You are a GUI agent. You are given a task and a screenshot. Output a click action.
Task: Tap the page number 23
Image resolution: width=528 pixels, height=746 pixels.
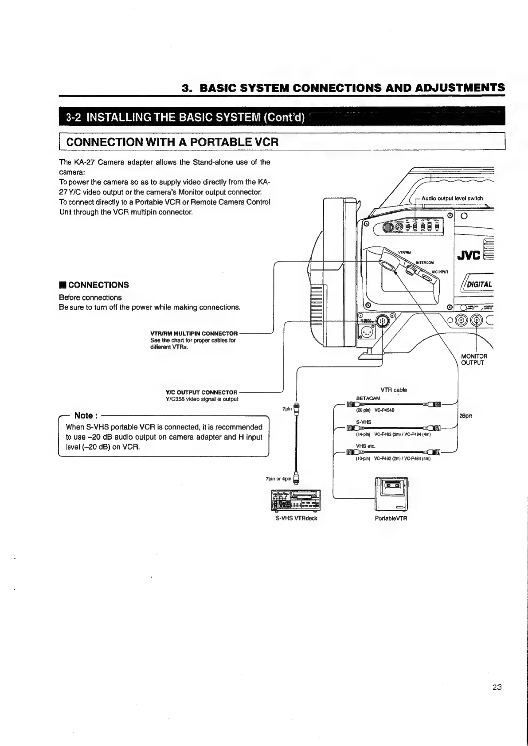pyautogui.click(x=497, y=687)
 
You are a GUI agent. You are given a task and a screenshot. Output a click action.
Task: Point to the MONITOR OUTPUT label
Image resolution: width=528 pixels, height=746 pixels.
pyautogui.click(x=474, y=359)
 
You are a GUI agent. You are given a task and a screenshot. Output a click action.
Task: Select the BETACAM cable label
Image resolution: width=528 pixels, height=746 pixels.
pyautogui.click(x=368, y=398)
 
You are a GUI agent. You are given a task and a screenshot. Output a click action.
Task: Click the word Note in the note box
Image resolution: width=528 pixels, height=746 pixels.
pyautogui.click(x=84, y=415)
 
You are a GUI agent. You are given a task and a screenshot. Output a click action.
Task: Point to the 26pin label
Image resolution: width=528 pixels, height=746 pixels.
pyautogui.click(x=466, y=416)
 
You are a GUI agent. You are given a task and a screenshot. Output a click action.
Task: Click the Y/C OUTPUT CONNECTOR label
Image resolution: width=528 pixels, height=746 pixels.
pyautogui.click(x=201, y=392)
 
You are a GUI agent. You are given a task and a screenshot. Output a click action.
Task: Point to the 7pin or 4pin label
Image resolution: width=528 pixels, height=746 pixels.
pyautogui.click(x=278, y=479)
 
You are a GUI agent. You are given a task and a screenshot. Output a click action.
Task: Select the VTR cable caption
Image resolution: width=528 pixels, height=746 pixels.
pyautogui.click(x=394, y=390)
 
